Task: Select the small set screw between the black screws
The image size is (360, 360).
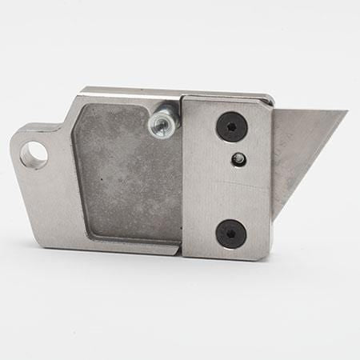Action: (x=237, y=160)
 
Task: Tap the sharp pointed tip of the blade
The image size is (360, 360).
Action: (x=346, y=112)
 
